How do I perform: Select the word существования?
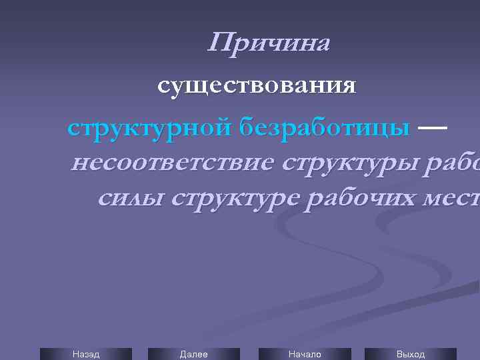[x=257, y=87]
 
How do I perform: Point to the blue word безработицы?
[x=326, y=127]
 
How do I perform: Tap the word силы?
[x=126, y=199]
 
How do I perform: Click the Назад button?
[x=85, y=354]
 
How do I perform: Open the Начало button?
[x=304, y=354]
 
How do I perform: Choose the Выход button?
[x=410, y=354]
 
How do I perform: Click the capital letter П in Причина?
[x=220, y=43]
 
